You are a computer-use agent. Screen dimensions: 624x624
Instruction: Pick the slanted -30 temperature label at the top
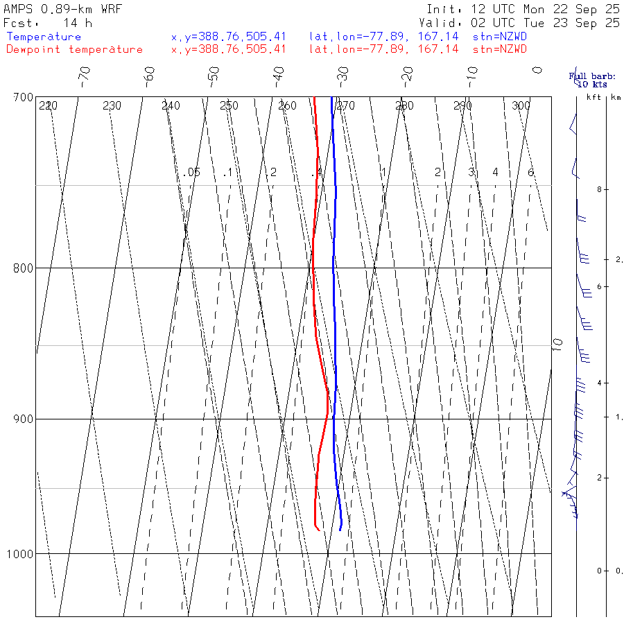pyautogui.click(x=341, y=74)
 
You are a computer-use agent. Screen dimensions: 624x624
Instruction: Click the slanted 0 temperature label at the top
pyautogui.click(x=536, y=70)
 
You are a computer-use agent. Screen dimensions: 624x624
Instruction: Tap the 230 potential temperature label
pyautogui.click(x=112, y=106)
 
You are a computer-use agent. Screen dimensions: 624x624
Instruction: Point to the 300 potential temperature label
pyautogui.click(x=521, y=106)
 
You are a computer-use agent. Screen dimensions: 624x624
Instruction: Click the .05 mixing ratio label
pyautogui.click(x=192, y=172)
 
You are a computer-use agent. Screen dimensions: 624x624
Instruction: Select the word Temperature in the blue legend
pyautogui.click(x=44, y=37)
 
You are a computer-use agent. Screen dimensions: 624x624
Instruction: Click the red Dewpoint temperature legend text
pyautogui.click(x=74, y=49)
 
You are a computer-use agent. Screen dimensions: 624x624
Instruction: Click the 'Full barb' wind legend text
pyautogui.click(x=587, y=76)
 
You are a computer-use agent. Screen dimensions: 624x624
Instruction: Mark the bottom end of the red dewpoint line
pyautogui.click(x=319, y=531)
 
